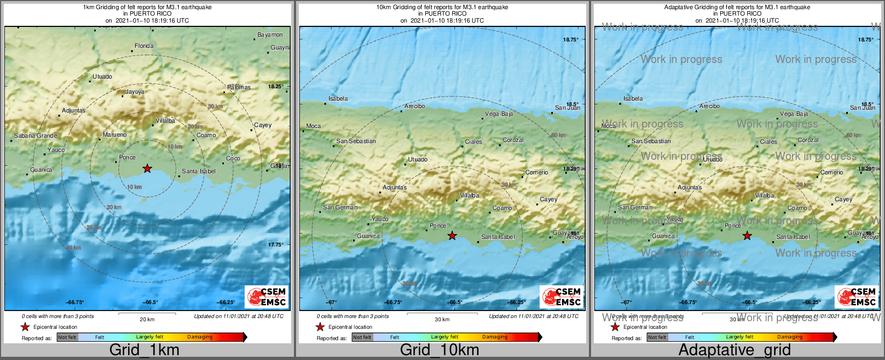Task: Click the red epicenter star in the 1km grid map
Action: point(147,169)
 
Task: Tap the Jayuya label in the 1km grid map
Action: point(135,92)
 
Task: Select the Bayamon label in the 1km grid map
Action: point(270,35)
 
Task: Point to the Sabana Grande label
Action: point(36,136)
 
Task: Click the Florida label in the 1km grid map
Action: point(144,46)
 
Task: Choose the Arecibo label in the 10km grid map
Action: point(415,107)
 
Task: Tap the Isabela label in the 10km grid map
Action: point(338,99)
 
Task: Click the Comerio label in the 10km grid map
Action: point(537,173)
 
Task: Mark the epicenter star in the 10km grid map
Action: point(452,236)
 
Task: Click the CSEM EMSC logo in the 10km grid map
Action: point(562,297)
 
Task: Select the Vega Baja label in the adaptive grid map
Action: point(794,114)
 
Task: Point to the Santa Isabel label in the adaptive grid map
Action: point(793,237)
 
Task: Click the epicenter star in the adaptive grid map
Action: point(747,236)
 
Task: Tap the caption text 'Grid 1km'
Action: point(144,350)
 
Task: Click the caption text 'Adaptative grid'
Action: point(734,350)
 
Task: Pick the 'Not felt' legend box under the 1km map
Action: point(67,337)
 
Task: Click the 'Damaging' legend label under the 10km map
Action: point(495,337)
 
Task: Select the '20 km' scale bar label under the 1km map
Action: point(147,320)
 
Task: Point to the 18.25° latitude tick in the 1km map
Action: point(276,87)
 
